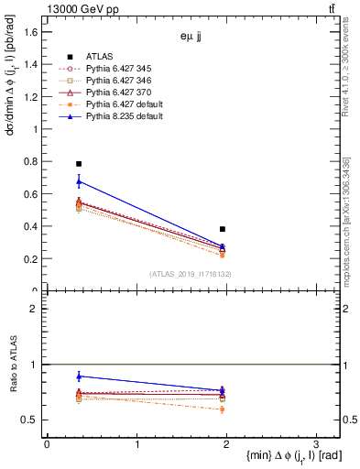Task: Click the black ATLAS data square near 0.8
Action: [x=79, y=164]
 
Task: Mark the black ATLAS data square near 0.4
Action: [x=223, y=229]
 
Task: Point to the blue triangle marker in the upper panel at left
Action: [x=79, y=182]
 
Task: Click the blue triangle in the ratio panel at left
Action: [x=79, y=376]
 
